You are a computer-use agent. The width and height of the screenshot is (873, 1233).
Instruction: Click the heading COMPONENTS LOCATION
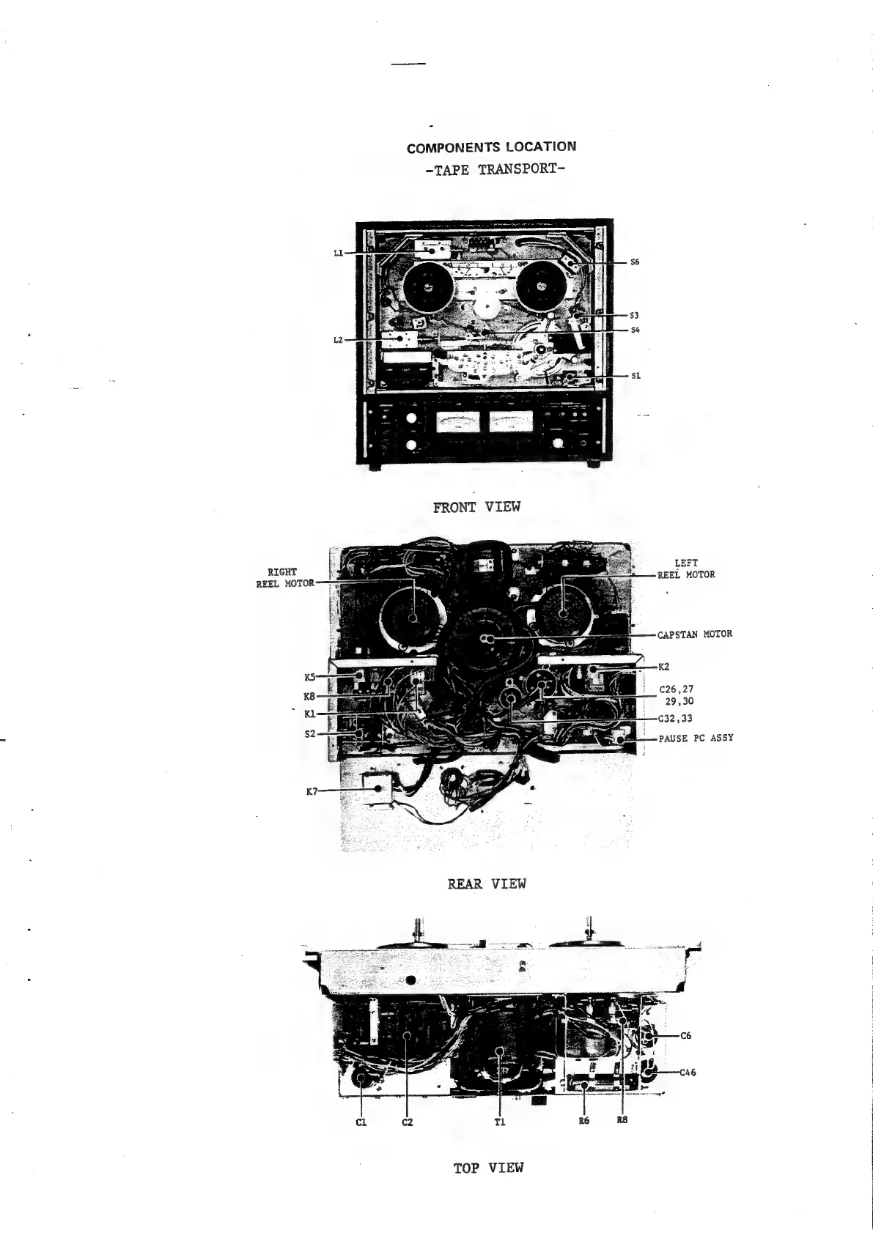click(x=491, y=147)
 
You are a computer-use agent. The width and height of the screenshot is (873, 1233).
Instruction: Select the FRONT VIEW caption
click(x=476, y=506)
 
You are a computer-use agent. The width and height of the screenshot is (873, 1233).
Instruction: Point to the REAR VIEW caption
click(x=487, y=884)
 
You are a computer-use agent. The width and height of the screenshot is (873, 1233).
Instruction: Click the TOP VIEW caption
click(x=488, y=1168)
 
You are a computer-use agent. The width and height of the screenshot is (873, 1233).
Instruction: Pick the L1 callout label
click(x=338, y=253)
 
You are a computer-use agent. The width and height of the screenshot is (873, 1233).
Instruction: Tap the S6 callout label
click(x=636, y=262)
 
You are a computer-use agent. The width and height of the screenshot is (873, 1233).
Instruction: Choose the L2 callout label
click(x=338, y=340)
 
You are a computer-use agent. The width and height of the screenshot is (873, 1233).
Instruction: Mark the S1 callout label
click(x=636, y=376)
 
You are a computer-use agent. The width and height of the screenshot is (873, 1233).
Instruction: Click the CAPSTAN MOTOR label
click(x=694, y=634)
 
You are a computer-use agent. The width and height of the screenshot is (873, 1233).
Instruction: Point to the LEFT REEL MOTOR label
click(x=685, y=569)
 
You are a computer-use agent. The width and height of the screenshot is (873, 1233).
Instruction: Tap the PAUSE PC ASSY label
click(x=695, y=738)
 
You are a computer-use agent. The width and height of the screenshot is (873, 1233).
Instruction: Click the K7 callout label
click(x=312, y=791)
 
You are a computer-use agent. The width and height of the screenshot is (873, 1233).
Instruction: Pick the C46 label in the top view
click(x=688, y=1073)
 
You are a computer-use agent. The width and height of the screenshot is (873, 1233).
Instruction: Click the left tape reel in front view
click(x=427, y=286)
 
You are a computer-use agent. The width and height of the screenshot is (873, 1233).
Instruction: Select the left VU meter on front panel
click(x=457, y=421)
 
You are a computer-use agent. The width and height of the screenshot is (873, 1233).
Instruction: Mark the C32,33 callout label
click(x=676, y=719)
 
